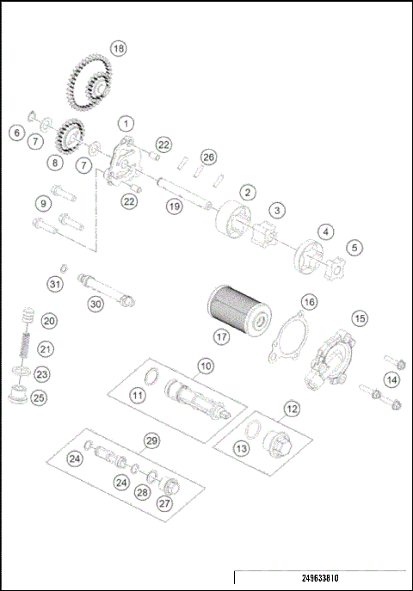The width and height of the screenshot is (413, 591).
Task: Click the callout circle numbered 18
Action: [119, 49]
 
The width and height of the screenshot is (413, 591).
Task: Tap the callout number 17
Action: [222, 337]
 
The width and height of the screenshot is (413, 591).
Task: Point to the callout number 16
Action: [308, 302]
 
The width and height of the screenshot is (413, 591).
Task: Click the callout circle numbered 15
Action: [361, 318]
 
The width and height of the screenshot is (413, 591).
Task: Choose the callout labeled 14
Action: [391, 379]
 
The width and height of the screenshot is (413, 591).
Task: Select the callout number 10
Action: [205, 366]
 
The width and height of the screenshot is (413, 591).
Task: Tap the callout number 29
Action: [151, 441]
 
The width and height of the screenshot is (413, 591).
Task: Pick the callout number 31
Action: [55, 283]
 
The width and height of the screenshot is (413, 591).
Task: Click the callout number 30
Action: [96, 303]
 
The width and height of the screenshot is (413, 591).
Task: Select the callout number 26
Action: [207, 157]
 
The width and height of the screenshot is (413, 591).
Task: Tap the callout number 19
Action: [175, 206]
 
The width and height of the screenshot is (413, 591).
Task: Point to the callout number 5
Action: [354, 247]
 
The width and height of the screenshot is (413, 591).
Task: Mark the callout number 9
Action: [42, 203]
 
